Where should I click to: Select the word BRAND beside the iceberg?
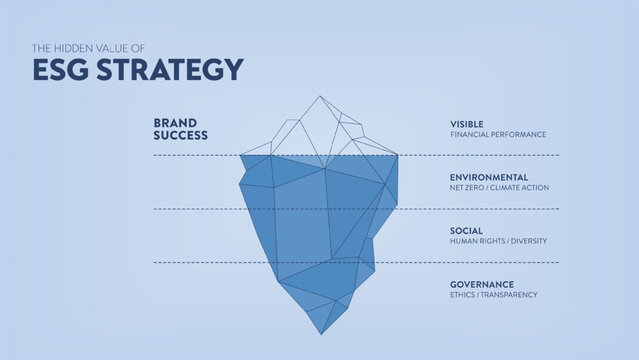coord(173,123)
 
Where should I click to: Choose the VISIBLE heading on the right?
coord(468,123)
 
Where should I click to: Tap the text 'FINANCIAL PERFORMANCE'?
coord(498,134)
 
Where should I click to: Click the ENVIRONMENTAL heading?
coord(489,177)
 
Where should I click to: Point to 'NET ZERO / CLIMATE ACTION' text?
coord(499,188)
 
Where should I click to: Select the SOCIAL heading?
coord(466,230)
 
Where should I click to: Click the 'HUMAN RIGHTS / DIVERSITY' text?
coord(498,241)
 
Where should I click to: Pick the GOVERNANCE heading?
coord(482,284)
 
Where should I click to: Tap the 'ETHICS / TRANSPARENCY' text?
coord(494,295)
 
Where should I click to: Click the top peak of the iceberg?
coord(319,97)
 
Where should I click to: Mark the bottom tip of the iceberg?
coord(320,333)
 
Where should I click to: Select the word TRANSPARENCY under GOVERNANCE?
coord(508,295)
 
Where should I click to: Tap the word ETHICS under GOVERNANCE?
coord(462,295)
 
